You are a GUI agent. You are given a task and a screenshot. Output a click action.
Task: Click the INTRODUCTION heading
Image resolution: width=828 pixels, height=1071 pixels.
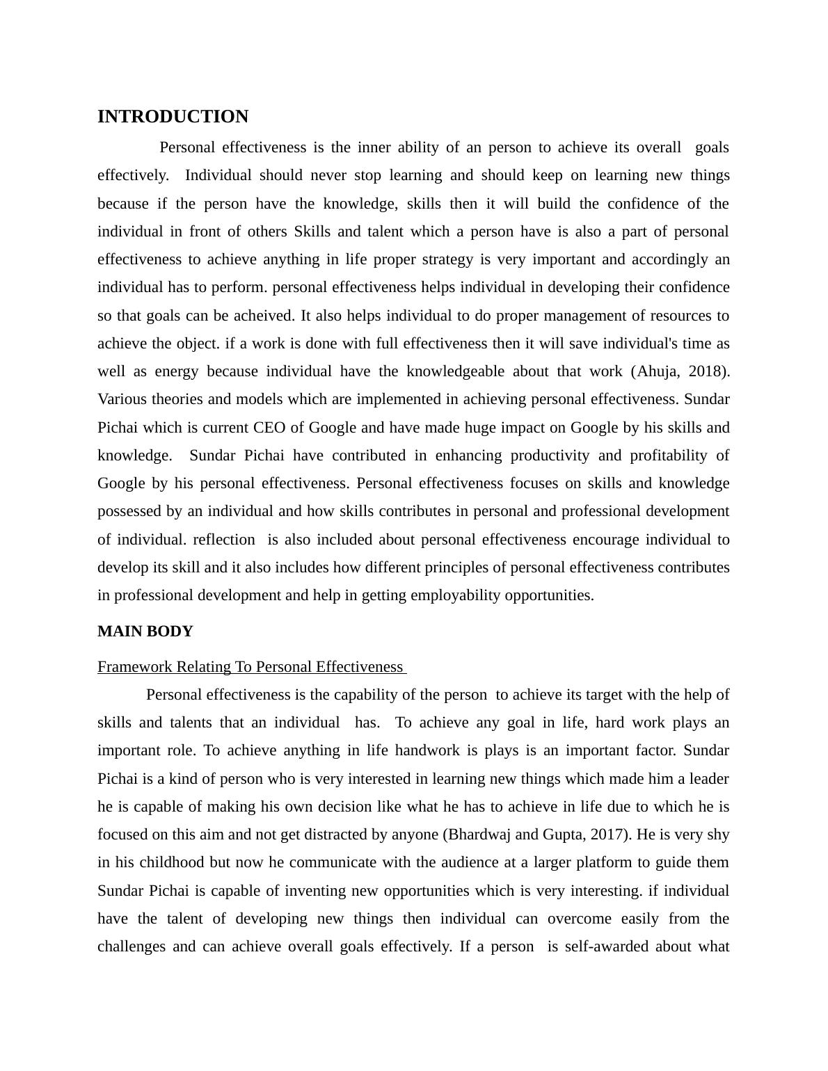[173, 117]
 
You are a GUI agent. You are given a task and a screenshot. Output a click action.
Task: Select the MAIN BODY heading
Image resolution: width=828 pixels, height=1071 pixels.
[145, 631]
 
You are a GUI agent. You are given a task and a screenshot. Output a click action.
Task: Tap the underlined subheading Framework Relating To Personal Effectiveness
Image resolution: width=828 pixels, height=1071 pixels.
[250, 667]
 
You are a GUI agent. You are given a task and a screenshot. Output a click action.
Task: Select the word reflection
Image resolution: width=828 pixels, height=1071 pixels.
[224, 540]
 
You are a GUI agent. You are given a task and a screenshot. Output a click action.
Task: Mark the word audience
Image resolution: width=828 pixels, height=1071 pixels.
[468, 862]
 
